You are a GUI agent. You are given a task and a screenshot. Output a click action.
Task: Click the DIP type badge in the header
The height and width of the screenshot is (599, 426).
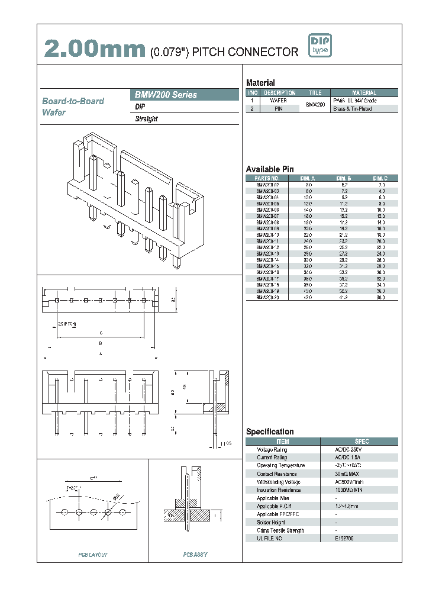coord(320,46)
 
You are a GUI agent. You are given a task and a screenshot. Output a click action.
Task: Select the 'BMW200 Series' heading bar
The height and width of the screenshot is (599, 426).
coord(184,95)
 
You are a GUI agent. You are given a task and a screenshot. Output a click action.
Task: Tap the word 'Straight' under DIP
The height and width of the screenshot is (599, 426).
coord(147,119)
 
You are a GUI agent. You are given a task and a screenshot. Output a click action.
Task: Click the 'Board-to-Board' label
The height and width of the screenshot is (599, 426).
coord(73,101)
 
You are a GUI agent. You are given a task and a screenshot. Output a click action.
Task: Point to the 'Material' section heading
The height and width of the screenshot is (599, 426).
coord(260,83)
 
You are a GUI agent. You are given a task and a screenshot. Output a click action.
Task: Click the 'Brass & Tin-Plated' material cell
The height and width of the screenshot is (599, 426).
coord(353,109)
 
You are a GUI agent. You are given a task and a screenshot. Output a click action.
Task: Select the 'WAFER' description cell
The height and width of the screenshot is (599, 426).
coord(279,101)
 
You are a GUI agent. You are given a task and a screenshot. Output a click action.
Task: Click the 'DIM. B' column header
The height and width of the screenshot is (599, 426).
coord(344,178)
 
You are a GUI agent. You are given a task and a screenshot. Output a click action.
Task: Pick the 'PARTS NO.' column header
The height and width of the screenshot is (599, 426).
coord(267,178)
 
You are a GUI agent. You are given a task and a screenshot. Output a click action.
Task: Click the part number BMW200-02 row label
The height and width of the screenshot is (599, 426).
coord(267,185)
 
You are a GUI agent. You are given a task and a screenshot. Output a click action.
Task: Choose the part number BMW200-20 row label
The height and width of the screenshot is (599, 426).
coord(267,298)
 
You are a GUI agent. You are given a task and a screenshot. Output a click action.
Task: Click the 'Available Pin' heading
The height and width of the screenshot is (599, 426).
coord(269,169)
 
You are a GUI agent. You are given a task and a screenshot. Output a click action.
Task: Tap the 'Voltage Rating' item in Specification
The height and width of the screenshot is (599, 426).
coord(272,450)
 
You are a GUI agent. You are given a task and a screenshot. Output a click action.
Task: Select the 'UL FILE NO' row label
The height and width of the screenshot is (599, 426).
coord(270,538)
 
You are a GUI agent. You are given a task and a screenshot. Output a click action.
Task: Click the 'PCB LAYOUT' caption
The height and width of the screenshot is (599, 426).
coord(93,555)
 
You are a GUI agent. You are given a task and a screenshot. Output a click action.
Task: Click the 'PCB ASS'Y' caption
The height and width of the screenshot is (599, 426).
coord(195,555)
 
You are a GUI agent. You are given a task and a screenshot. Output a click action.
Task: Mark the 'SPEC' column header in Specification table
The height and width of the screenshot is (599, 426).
coord(362,442)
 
